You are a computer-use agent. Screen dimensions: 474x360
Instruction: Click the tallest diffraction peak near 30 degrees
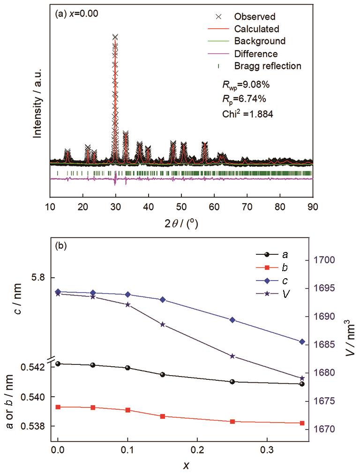coord(115,37)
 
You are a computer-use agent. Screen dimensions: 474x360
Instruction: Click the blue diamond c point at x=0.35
coord(302,341)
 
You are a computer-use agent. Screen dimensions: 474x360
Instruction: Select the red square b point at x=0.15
coord(163,416)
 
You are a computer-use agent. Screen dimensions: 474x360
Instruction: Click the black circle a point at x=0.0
coord(58,363)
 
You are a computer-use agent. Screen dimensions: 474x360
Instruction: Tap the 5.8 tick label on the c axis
coord(37,277)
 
